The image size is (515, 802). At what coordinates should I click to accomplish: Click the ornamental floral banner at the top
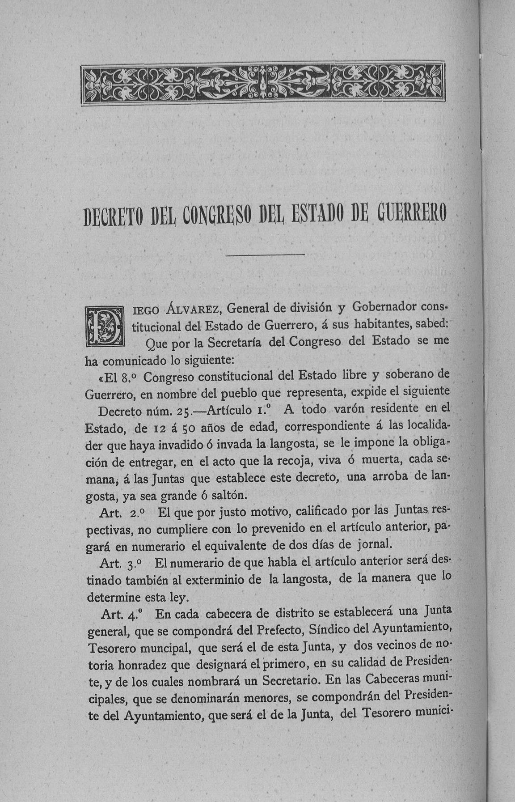(x=263, y=83)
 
